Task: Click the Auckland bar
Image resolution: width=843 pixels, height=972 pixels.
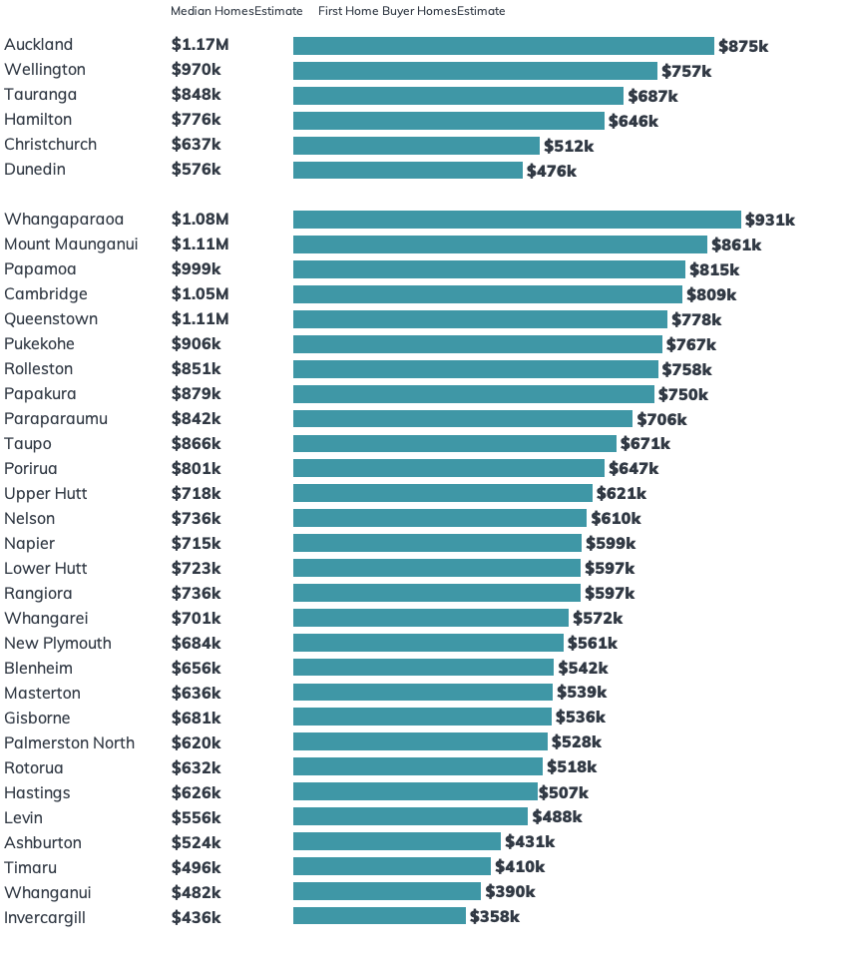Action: [504, 46]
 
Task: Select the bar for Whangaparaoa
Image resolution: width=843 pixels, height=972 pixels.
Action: [517, 220]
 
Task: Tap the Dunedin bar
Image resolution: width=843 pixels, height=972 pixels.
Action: [407, 171]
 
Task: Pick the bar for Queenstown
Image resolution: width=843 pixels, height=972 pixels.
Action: [480, 319]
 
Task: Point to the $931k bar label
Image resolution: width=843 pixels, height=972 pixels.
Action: [770, 220]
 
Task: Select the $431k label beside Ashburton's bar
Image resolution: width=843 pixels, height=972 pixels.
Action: [530, 842]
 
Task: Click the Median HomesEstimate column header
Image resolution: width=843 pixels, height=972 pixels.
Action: [235, 11]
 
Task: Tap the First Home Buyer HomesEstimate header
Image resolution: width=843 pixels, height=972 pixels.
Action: [411, 11]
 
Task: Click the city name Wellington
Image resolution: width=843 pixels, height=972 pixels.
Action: [45, 70]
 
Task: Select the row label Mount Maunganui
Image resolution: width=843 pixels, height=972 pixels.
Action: [71, 244]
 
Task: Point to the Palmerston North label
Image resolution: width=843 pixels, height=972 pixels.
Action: [69, 742]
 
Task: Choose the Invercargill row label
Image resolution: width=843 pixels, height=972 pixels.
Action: [44, 917]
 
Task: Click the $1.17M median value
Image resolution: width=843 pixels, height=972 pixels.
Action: [200, 45]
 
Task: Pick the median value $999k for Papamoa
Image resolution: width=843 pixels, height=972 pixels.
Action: [196, 269]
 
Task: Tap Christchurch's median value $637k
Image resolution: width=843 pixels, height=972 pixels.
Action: [196, 145]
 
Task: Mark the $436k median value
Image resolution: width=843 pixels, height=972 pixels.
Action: [196, 917]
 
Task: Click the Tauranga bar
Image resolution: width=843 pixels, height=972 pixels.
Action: [458, 96]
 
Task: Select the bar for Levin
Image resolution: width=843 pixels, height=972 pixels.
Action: [410, 816]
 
